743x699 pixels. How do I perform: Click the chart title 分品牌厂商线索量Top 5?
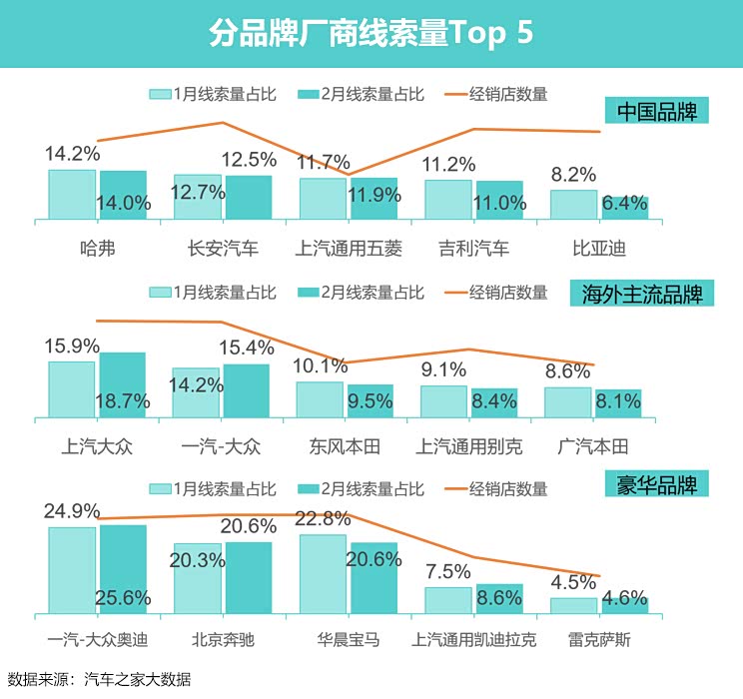(x=371, y=32)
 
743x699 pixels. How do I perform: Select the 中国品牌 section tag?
(x=656, y=111)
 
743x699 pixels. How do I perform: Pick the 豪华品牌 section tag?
(x=656, y=485)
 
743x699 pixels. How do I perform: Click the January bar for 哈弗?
(x=72, y=194)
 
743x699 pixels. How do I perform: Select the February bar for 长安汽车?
(x=249, y=197)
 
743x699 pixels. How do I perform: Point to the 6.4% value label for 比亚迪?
(x=625, y=206)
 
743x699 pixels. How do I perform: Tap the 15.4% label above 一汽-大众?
(x=248, y=349)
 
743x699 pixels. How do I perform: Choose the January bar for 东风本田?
(x=320, y=398)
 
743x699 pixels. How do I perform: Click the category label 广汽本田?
(x=592, y=445)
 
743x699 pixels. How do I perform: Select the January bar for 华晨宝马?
(x=323, y=573)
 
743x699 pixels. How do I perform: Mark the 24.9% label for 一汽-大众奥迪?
(x=72, y=511)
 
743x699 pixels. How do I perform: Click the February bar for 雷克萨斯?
(x=625, y=605)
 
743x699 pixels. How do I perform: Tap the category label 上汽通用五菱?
(x=348, y=249)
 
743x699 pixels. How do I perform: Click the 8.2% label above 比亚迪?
(x=573, y=174)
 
